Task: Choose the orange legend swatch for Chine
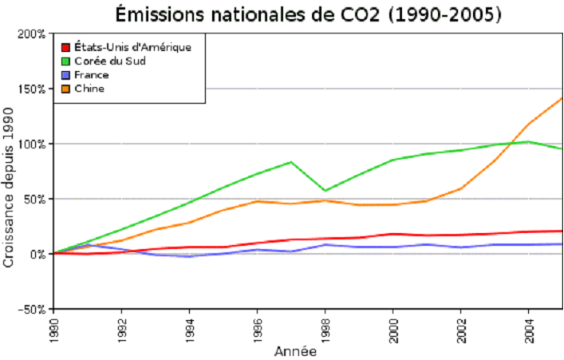click(67, 89)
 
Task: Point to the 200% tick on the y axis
click(33, 34)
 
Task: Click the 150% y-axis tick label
click(33, 89)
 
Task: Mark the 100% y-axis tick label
click(33, 144)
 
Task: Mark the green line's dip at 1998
click(325, 191)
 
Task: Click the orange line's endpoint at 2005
click(562, 98)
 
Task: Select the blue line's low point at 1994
click(190, 256)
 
